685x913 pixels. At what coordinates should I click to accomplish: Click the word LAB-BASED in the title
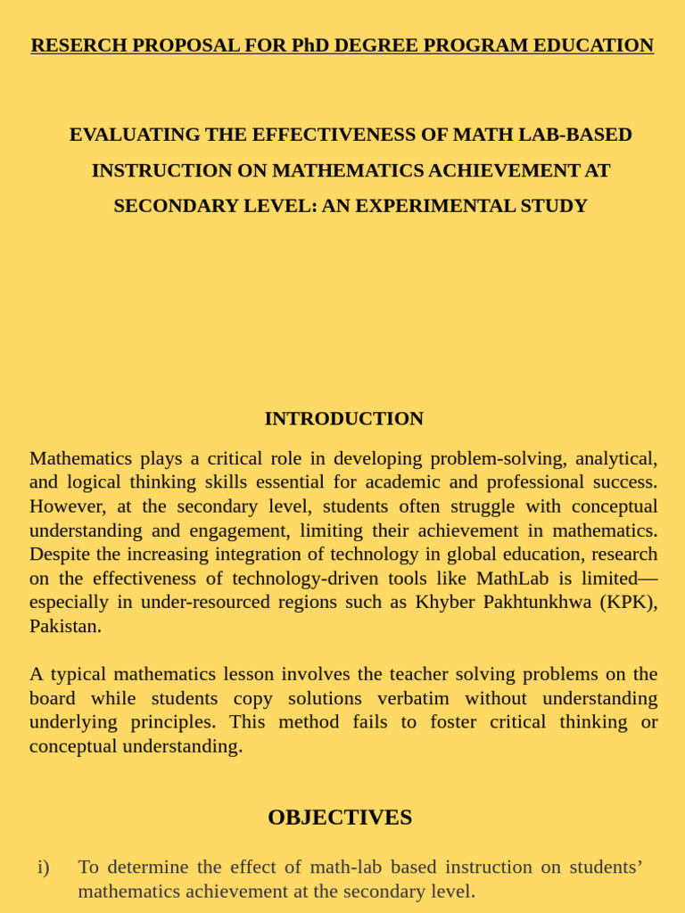580,135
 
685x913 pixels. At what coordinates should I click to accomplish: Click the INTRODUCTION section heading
343,418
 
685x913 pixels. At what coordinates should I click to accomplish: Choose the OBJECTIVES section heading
340,818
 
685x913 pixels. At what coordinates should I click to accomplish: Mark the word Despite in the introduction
60,554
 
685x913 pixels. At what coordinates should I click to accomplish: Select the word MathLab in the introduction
512,578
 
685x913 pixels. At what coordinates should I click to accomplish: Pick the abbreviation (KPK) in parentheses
629,602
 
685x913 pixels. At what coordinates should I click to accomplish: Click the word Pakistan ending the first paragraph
65,626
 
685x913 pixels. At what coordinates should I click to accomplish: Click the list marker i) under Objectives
44,867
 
